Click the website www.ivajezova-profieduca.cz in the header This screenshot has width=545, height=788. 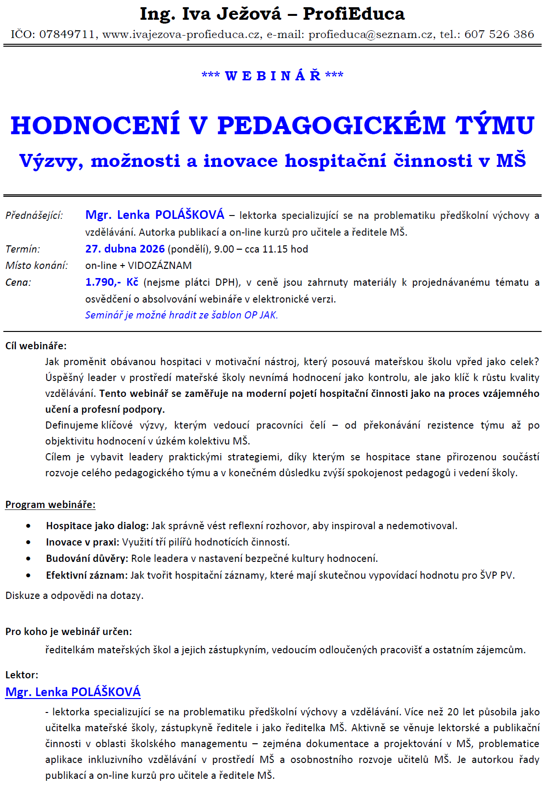[182, 34]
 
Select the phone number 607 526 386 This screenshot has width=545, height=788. [499, 34]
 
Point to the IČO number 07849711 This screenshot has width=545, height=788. [67, 34]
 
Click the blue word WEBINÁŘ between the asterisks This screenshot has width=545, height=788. [272, 76]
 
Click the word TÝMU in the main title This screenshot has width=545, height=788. [495, 125]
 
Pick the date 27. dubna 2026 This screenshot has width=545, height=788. [125, 249]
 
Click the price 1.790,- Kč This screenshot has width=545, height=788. [111, 282]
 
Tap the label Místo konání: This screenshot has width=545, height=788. [37, 266]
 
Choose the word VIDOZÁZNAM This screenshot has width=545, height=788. [160, 266]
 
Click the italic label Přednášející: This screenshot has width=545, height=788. [34, 216]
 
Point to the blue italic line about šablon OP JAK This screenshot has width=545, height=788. [181, 315]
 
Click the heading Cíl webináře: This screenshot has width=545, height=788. [36, 345]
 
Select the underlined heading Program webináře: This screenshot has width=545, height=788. [50, 505]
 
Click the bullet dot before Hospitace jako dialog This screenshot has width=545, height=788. [29, 526]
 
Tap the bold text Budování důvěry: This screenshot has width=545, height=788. [87, 559]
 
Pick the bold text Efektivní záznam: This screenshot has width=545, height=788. [87, 575]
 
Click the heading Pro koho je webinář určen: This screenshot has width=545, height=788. [69, 631]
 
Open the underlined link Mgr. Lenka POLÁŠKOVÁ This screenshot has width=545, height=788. [73, 692]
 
